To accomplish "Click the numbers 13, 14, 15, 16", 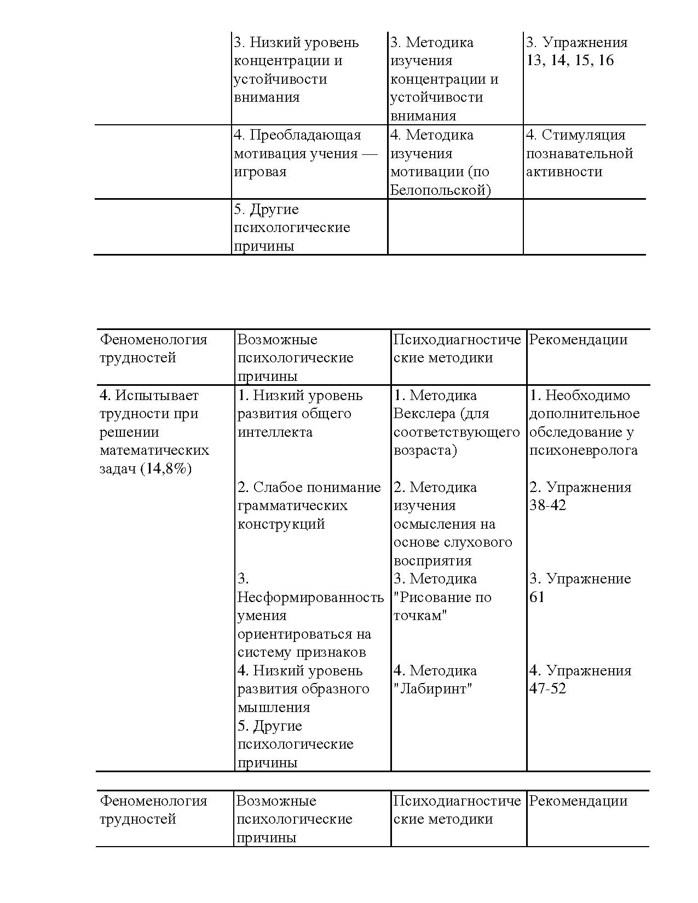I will pyautogui.click(x=570, y=60).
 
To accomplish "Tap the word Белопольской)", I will pyautogui.click(x=441, y=190).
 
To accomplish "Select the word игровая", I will pyautogui.click(x=260, y=172).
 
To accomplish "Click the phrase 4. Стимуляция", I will pyautogui.click(x=575, y=135).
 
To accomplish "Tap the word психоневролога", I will pyautogui.click(x=583, y=450).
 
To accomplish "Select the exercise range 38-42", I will pyautogui.click(x=547, y=505).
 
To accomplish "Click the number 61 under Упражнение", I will pyautogui.click(x=537, y=597).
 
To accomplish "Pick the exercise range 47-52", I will pyautogui.click(x=547, y=688).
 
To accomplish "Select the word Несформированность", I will pyautogui.click(x=310, y=597).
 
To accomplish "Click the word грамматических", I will pyautogui.click(x=292, y=505).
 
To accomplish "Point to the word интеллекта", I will pyautogui.click(x=275, y=432).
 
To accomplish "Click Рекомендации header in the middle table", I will pyautogui.click(x=578, y=339).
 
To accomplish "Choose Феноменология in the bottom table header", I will pyautogui.click(x=153, y=801).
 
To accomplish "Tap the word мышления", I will pyautogui.click(x=274, y=708).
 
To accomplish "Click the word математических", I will pyautogui.click(x=154, y=450).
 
